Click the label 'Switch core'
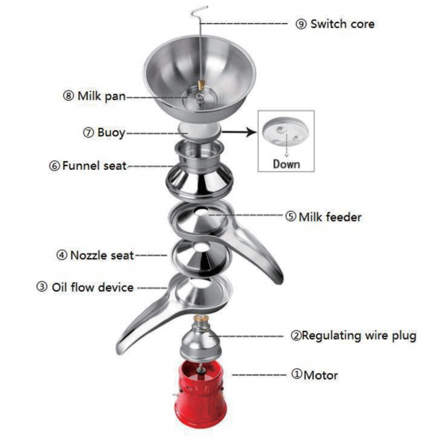point(342,24)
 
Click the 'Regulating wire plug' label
point(358,336)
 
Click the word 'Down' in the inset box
point(286,163)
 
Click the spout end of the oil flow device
point(122,350)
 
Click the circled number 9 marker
point(301,24)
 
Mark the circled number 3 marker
point(42,287)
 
